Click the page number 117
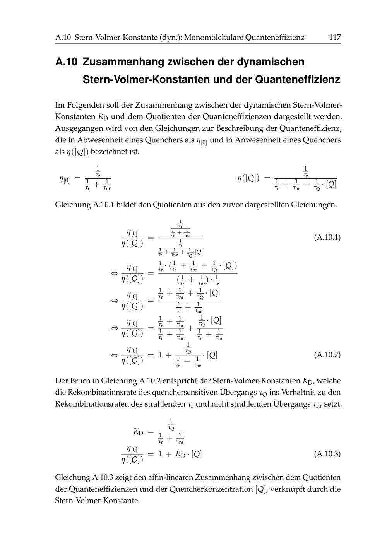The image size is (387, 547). point(334,38)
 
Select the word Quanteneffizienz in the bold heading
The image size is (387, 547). point(298,80)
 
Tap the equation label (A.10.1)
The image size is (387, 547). point(327,237)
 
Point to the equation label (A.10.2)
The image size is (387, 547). point(327,354)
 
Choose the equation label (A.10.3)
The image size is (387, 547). point(327,454)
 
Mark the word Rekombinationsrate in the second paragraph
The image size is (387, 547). point(102,392)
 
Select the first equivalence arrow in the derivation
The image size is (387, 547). point(115,273)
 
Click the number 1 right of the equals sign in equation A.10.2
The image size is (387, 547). point(160,354)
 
